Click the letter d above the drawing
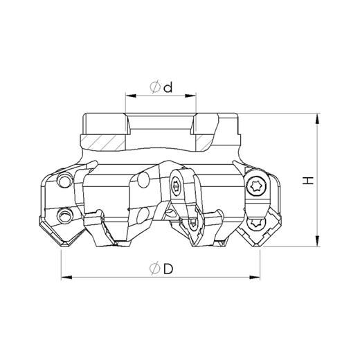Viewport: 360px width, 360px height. click(168, 88)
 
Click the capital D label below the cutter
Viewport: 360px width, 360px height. click(168, 269)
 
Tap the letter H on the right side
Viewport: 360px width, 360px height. click(308, 181)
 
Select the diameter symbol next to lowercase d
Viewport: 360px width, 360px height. click(155, 87)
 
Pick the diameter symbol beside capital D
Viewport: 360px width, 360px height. click(155, 269)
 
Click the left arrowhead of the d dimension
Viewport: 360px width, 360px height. click(131, 96)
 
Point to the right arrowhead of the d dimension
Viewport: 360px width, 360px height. click(190, 96)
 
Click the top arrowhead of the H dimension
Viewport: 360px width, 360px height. click(318, 119)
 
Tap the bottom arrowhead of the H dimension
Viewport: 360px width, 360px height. click(318, 241)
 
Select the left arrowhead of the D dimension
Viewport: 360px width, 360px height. click(66, 277)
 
